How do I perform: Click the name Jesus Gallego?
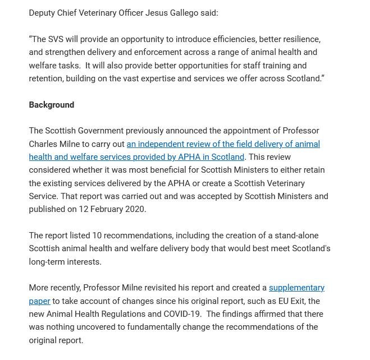pyautogui.click(x=171, y=13)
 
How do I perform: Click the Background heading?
pyautogui.click(x=52, y=105)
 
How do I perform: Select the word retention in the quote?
pyautogui.click(x=47, y=79)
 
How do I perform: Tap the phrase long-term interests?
pyautogui.click(x=65, y=262)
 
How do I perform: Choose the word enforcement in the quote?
pyautogui.click(x=158, y=52)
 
